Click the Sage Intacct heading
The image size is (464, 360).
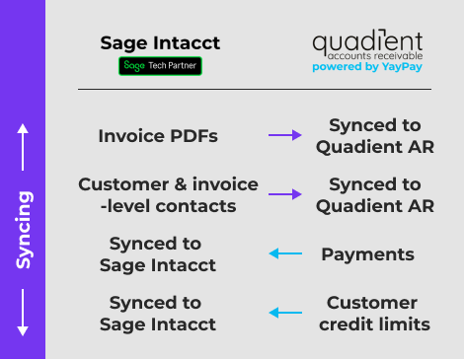pyautogui.click(x=160, y=43)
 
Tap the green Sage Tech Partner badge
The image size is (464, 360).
pyautogui.click(x=160, y=67)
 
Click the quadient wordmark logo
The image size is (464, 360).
pyautogui.click(x=367, y=41)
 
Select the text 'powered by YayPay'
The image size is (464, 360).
pyautogui.click(x=367, y=68)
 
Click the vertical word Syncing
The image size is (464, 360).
pyautogui.click(x=23, y=229)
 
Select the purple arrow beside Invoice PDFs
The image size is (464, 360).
pyautogui.click(x=285, y=136)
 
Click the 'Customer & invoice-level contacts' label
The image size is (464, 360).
pyautogui.click(x=168, y=195)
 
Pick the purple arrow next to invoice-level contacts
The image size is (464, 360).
pyautogui.click(x=285, y=195)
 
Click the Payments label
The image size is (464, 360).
pyautogui.click(x=367, y=254)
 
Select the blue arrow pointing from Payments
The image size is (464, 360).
pyautogui.click(x=285, y=254)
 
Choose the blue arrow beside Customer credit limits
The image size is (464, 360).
pyautogui.click(x=285, y=314)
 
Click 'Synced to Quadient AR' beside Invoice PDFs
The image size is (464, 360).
pyautogui.click(x=375, y=136)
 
